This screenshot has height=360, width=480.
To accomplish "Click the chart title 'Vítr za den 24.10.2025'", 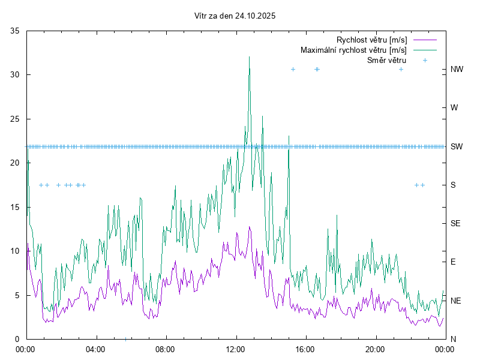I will click(235, 16).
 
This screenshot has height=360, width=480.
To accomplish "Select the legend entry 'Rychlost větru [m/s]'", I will click(371, 40).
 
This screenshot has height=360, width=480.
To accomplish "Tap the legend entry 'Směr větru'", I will click(386, 60).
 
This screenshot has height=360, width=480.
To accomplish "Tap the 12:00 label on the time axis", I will click(235, 349).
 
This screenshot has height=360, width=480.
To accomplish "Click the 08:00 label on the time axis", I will click(165, 349).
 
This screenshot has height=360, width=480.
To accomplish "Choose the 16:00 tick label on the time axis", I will click(305, 349).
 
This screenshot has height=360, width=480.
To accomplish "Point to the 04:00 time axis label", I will click(95, 349).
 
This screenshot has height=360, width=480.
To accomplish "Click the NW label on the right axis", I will click(457, 70).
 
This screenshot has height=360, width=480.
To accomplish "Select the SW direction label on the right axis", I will click(457, 146).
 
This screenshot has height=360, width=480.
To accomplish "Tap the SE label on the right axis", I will click(455, 223).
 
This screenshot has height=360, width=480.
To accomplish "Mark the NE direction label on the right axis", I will click(456, 301).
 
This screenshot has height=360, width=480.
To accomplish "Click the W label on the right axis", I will click(454, 108).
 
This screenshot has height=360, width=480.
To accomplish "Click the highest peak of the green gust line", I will click(249, 57).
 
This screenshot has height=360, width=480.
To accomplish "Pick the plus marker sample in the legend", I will click(425, 60).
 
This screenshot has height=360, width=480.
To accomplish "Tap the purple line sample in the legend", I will click(425, 40).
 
